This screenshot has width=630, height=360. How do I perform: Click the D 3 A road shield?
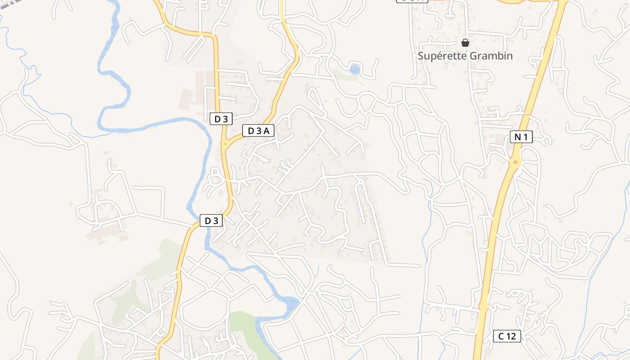258,131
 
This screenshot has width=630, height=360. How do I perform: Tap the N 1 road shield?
521,137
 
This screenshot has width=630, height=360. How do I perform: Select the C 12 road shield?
507,336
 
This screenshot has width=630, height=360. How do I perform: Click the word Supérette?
441,56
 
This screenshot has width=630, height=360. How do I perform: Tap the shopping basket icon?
465,43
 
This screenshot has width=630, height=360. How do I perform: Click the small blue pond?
355,69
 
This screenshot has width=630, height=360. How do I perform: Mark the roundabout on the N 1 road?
516,162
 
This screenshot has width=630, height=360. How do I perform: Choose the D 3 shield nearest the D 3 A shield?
221,119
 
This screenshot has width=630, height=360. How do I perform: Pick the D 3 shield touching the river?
211,221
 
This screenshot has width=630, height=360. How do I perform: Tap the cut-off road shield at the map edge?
411,1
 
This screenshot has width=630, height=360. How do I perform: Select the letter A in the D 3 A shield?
266,131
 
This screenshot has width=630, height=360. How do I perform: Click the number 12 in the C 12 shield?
512,336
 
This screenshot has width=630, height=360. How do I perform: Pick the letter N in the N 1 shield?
517,137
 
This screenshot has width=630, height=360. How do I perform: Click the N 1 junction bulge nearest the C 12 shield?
483,306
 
